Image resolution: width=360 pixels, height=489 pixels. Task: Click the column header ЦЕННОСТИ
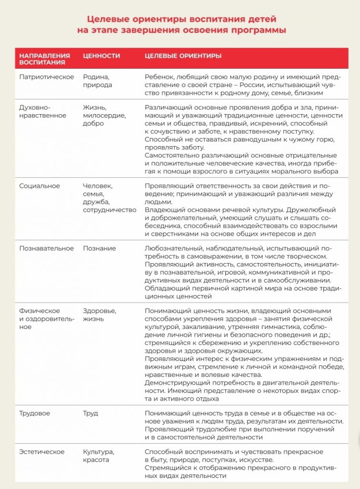click(x=101, y=56)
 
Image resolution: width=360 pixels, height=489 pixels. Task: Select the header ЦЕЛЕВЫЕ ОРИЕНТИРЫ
click(x=183, y=56)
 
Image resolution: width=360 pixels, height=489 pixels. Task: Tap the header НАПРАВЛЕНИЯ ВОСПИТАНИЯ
click(x=44, y=59)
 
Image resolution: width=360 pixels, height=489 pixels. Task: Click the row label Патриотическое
click(x=46, y=76)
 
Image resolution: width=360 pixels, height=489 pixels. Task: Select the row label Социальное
click(x=40, y=186)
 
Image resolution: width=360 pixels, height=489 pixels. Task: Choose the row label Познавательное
click(x=46, y=248)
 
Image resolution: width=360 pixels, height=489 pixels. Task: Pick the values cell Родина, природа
click(x=98, y=81)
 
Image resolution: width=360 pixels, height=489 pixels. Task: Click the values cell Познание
click(x=99, y=248)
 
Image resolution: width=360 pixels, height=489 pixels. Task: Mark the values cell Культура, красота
click(x=99, y=456)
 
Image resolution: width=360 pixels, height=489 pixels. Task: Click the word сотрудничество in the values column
click(x=109, y=210)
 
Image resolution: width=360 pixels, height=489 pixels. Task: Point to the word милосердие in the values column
click(x=104, y=116)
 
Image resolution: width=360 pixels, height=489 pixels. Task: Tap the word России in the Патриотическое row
click(x=238, y=85)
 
